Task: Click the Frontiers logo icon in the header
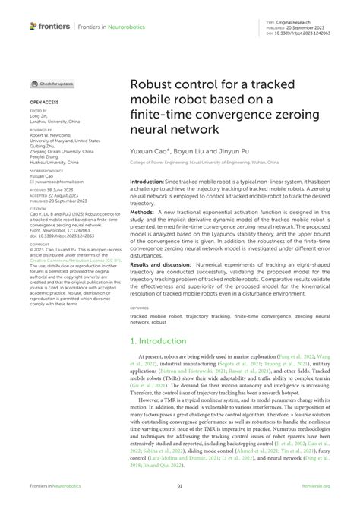click(x=33, y=27)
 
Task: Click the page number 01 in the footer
click(x=180, y=485)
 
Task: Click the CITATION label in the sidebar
click(x=38, y=187)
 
